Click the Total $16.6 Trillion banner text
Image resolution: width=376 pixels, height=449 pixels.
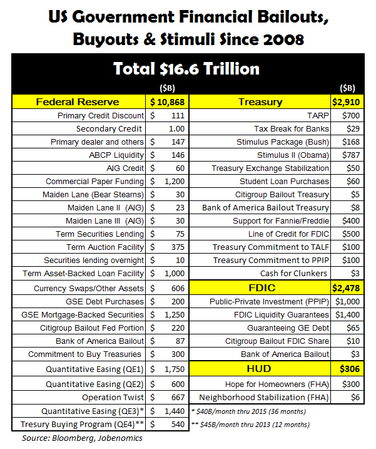click(x=186, y=68)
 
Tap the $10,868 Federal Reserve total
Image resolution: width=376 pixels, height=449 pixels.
click(x=166, y=101)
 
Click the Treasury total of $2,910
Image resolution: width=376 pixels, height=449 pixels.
click(x=346, y=101)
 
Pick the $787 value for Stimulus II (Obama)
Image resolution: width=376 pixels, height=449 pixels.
click(x=346, y=155)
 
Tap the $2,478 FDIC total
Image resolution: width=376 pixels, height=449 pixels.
click(x=346, y=288)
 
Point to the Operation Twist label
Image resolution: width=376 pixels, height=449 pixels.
click(x=113, y=398)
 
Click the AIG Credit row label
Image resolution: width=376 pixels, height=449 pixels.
click(x=125, y=168)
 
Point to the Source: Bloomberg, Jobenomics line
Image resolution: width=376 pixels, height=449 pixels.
click(x=83, y=438)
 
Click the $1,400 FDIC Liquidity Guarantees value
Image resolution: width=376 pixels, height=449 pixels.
click(x=346, y=314)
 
